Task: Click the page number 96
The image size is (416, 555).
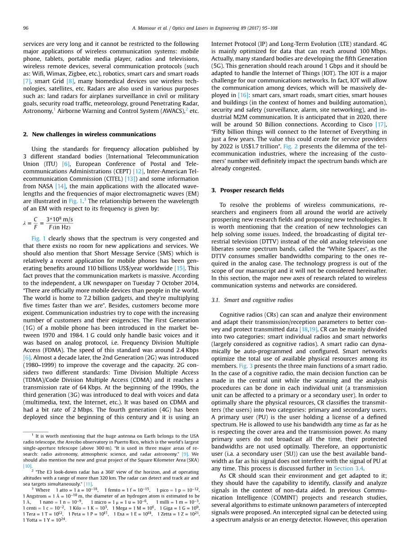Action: click(x=26, y=28)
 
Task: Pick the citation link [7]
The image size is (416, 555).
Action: click(x=27, y=81)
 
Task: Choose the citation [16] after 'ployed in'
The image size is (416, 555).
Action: click(x=243, y=95)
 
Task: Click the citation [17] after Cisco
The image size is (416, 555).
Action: click(x=381, y=125)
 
